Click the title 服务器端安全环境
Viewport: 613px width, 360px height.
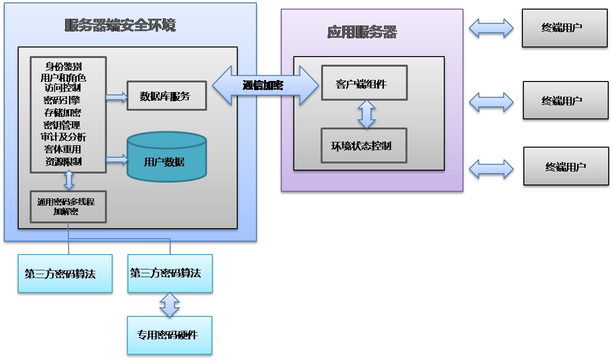[x=120, y=25]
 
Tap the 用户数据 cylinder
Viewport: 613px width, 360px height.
[x=166, y=162]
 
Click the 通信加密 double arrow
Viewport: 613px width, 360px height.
[x=265, y=85]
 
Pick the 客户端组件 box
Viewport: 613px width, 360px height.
[x=364, y=83]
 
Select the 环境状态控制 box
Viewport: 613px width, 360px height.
[x=363, y=146]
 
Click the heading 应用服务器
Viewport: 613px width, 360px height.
[x=362, y=32]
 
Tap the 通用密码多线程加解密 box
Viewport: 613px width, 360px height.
[x=68, y=207]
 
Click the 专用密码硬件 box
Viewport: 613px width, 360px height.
[x=169, y=335]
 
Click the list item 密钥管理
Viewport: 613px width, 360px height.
[x=62, y=125]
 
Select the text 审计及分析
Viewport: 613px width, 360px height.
[x=63, y=137]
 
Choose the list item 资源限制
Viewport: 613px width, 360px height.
[x=63, y=162]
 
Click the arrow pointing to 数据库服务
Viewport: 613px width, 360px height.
[x=116, y=97]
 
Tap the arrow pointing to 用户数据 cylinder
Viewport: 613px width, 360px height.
[x=116, y=159]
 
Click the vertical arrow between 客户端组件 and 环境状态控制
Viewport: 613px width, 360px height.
[x=367, y=114]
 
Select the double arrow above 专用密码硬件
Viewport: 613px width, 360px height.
[x=170, y=305]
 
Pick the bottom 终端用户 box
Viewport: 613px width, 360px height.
[x=566, y=166]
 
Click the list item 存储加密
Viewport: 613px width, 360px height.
[x=62, y=113]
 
